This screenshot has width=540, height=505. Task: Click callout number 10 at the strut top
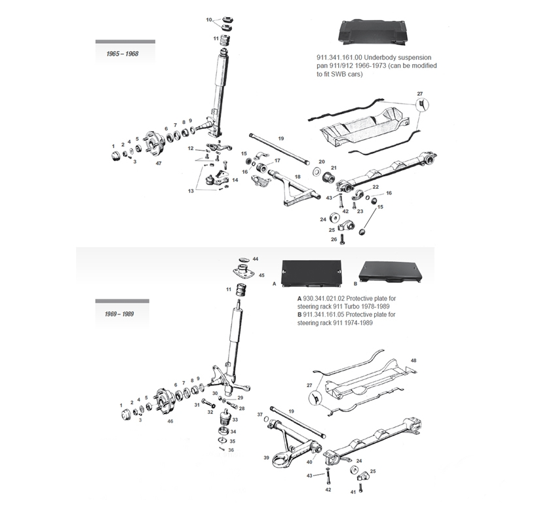pos(209,20)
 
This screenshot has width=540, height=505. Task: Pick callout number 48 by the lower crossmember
pos(413,361)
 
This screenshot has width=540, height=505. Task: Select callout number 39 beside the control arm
pos(266,457)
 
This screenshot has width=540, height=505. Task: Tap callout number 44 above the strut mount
pos(255,259)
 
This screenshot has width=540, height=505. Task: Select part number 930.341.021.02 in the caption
pos(326,297)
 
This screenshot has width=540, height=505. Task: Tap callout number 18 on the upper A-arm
pos(298,177)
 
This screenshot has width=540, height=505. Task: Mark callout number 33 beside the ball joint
pos(235,419)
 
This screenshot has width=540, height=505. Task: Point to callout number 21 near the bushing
pos(332,168)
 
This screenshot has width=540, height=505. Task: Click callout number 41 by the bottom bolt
pos(353,491)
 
